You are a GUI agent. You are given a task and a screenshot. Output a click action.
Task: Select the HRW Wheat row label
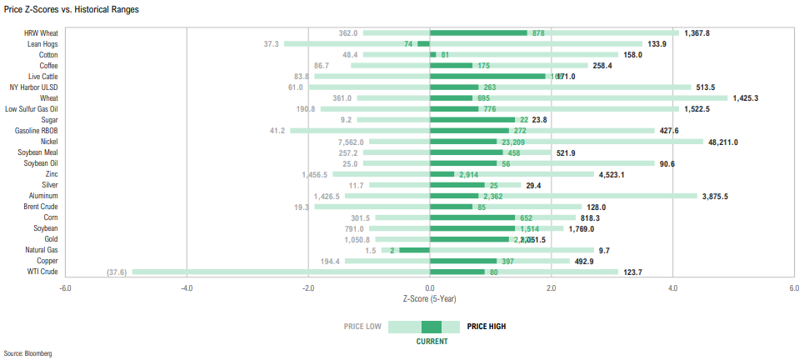[x=41, y=32]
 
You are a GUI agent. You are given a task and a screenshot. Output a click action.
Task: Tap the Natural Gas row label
[x=41, y=249]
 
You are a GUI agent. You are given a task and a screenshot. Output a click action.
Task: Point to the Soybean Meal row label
[x=37, y=152]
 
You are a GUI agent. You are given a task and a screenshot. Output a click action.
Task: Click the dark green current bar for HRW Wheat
[x=478, y=32]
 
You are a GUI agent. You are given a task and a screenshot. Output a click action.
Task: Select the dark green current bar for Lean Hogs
[x=423, y=43]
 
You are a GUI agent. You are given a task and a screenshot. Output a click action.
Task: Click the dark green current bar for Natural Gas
[x=414, y=249]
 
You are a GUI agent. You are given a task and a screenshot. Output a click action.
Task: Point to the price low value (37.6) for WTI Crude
[x=117, y=272]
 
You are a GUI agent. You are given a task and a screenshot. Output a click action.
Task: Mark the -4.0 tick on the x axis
[x=187, y=287]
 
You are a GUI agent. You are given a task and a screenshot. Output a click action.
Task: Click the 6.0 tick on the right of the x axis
[x=793, y=287]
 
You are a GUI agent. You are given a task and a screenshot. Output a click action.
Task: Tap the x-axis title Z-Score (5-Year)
[x=429, y=298]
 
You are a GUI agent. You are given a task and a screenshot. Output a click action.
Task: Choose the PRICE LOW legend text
[x=362, y=327]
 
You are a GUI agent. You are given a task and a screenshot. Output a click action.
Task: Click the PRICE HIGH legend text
[x=486, y=327]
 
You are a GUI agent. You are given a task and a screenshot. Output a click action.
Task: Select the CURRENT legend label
[x=432, y=341]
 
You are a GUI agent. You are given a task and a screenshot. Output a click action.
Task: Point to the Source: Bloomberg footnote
[x=27, y=353]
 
